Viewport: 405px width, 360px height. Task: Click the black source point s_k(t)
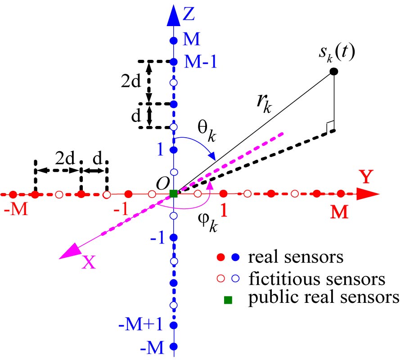333,71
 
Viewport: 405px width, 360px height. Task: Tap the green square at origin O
174,194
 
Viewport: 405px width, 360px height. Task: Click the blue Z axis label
189,15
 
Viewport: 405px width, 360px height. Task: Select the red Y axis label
366,177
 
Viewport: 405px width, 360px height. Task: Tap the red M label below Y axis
340,213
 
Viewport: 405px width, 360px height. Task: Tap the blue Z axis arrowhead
174,17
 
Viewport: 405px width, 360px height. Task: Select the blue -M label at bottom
157,347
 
